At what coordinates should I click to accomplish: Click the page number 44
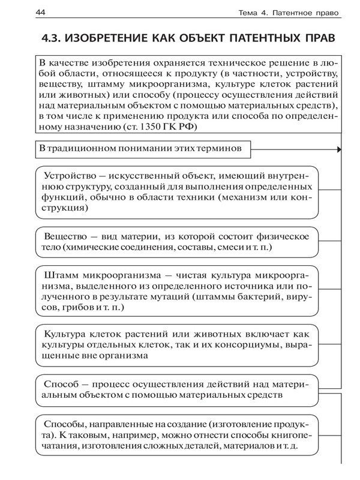[x=25, y=13]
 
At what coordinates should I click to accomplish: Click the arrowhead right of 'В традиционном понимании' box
[x=339, y=148]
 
